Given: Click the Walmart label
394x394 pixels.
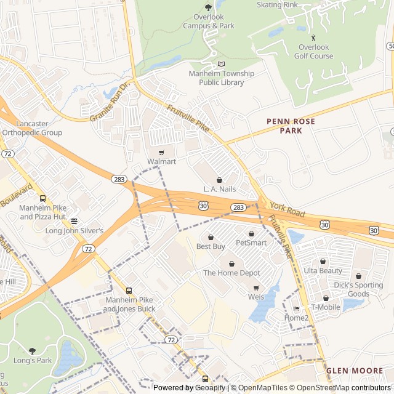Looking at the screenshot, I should pyautogui.click(x=161, y=161).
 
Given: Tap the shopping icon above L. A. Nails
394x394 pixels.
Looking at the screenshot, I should pyautogui.click(x=219, y=179).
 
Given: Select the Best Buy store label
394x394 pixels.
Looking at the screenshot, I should pyautogui.click(x=211, y=246).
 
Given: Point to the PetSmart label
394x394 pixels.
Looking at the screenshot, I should pyautogui.click(x=251, y=243).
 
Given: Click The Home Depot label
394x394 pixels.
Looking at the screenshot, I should pyautogui.click(x=231, y=273).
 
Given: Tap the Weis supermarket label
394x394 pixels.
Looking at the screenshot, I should pyautogui.click(x=256, y=297).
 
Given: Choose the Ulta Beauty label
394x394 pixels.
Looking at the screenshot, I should pyautogui.click(x=323, y=271).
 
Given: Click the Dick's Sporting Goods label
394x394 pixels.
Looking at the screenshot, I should pyautogui.click(x=358, y=289).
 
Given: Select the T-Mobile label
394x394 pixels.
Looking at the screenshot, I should pyautogui.click(x=326, y=307).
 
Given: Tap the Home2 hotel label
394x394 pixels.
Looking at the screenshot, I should pyautogui.click(x=296, y=318).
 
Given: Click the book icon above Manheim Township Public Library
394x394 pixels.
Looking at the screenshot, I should pyautogui.click(x=222, y=64).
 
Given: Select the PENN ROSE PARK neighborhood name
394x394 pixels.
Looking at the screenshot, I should pyautogui.click(x=291, y=126).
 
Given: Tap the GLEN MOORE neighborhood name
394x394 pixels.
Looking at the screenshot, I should pyautogui.click(x=354, y=371).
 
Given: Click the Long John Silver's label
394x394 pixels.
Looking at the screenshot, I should pyautogui.click(x=74, y=230).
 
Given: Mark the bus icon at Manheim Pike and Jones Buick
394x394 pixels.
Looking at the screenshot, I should pyautogui.click(x=129, y=291).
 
